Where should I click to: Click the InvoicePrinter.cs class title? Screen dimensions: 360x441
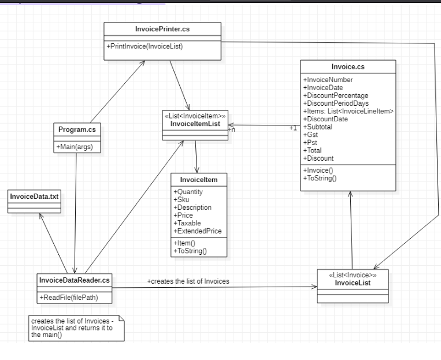pyautogui.click(x=162, y=29)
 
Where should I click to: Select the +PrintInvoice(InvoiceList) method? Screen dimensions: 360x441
pyautogui.click(x=145, y=46)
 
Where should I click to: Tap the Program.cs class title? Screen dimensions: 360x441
pyautogui.click(x=77, y=129)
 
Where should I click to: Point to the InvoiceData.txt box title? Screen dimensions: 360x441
pyautogui.click(x=34, y=196)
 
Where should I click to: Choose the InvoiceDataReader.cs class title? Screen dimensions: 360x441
pyautogui.click(x=75, y=280)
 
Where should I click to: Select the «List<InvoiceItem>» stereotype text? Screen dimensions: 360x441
pyautogui.click(x=196, y=116)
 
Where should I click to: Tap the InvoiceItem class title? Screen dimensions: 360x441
pyautogui.click(x=199, y=180)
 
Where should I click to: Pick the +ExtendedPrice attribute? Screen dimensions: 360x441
pyautogui.click(x=197, y=231)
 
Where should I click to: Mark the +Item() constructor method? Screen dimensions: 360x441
pyautogui.click(x=185, y=243)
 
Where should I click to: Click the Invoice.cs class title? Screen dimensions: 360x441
pyautogui.click(x=348, y=66)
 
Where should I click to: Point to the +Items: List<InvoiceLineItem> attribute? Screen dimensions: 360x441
pyautogui.click(x=348, y=111)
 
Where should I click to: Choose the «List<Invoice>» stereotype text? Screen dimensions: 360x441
pyautogui.click(x=352, y=275)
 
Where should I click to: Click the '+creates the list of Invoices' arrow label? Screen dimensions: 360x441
pyautogui.click(x=188, y=281)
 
